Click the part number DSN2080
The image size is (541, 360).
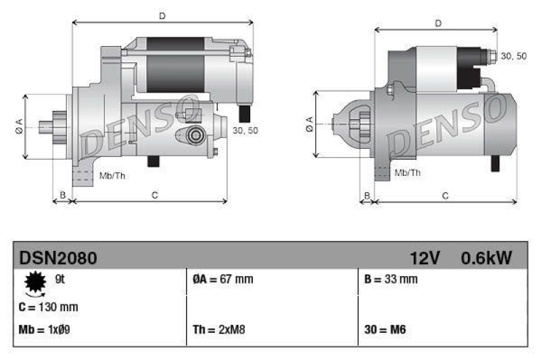click(x=57, y=258)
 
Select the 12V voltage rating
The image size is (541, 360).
click(x=425, y=258)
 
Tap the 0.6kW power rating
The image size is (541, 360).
click(x=486, y=258)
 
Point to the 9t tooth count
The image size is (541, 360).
click(x=59, y=278)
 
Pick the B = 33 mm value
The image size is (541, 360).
click(x=390, y=279)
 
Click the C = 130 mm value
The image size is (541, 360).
click(x=48, y=307)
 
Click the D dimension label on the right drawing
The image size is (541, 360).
click(x=438, y=24)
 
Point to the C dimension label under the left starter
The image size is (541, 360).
click(x=155, y=196)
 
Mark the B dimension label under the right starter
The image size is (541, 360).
click(x=367, y=196)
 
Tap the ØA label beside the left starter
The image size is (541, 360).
click(x=19, y=126)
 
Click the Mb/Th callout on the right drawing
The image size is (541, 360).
click(x=407, y=173)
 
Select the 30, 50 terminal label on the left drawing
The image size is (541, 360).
click(x=245, y=131)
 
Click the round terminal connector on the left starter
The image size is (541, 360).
click(x=195, y=135)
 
